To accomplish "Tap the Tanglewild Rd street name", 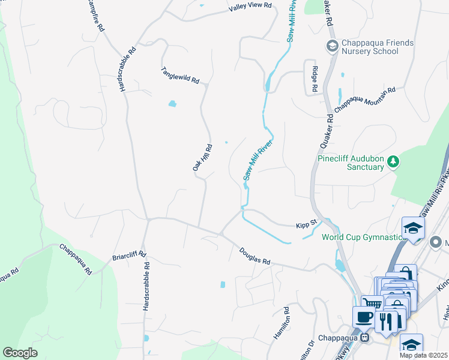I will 179,75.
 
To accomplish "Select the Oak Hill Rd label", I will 202,158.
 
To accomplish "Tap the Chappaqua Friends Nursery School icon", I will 331,46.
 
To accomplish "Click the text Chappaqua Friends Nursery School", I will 370,47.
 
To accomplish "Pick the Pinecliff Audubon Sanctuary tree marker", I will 393,161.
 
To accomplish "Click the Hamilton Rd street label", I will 282,324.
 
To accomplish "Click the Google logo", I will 20,353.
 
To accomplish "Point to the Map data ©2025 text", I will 423,355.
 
